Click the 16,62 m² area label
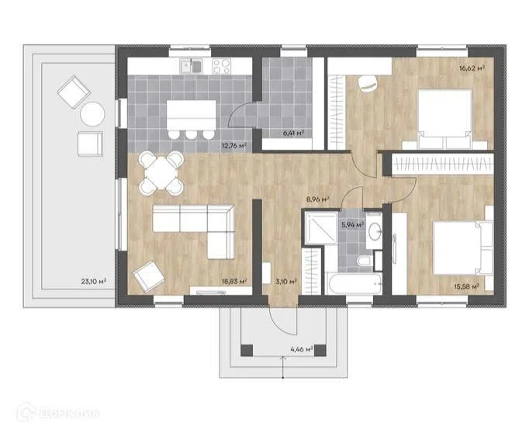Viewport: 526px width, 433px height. point(472,69)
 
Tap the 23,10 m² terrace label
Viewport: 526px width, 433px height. point(94,281)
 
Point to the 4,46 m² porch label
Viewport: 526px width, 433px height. point(302,349)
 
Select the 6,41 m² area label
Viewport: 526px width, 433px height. point(293,133)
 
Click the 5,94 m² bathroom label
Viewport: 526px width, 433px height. point(353,224)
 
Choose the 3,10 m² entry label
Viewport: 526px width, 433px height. point(286,282)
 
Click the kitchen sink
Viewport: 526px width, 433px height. point(191,66)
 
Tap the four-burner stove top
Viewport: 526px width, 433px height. point(221,66)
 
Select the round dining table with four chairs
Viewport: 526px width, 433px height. point(161,173)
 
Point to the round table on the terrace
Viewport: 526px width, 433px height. point(92,114)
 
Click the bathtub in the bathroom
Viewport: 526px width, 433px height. point(355,284)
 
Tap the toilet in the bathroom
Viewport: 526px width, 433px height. point(364,261)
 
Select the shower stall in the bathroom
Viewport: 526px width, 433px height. point(321,227)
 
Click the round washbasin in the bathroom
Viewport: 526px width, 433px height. point(374,230)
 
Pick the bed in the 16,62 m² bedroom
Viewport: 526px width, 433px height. point(445,120)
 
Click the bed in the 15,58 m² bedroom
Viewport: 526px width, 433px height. point(463,248)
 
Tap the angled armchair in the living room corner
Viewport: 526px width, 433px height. point(148,276)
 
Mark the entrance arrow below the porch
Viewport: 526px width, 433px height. point(283,368)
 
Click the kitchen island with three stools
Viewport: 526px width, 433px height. point(191,120)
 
